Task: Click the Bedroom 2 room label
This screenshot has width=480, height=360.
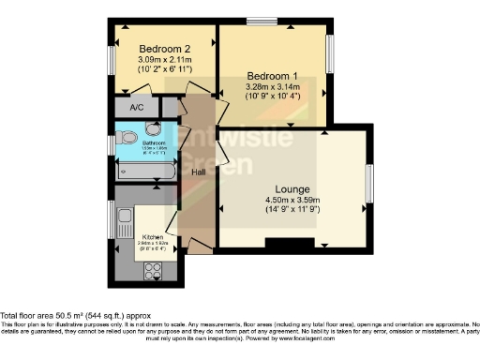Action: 165,49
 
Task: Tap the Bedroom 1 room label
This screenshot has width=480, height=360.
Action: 273,75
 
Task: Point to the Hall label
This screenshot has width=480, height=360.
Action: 199,172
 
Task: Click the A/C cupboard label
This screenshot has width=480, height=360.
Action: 137,108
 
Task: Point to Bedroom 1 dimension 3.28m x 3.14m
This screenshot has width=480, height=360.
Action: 273,86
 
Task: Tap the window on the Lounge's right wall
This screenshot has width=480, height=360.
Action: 368,184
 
